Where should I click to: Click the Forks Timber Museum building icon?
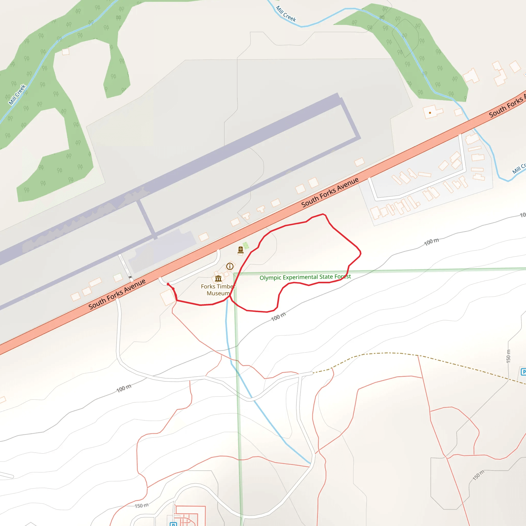[x=218, y=278]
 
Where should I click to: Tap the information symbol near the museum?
[x=230, y=266]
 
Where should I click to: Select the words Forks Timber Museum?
[x=218, y=290]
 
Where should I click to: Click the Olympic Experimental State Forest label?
[x=305, y=277]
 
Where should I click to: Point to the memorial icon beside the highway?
[x=240, y=250]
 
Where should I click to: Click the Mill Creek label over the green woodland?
[x=17, y=95]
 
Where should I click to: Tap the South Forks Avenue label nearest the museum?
[x=117, y=294]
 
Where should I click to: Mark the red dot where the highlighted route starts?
[x=168, y=284]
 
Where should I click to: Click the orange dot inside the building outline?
[x=430, y=113]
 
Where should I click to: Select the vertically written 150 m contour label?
[x=508, y=356]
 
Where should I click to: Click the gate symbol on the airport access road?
[x=130, y=277]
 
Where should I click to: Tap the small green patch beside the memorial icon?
[x=246, y=246]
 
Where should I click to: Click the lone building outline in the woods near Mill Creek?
[x=65, y=51]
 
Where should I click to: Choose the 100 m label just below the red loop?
[x=278, y=317]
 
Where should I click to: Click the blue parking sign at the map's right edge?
[x=523, y=372]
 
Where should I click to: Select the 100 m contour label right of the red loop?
[x=431, y=241]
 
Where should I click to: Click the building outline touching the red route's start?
[x=167, y=297]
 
